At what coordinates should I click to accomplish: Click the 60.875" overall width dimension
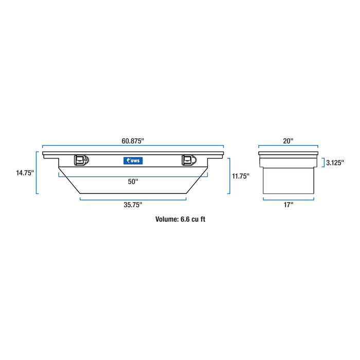pos(133,140)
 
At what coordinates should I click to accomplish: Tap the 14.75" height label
pos(25,173)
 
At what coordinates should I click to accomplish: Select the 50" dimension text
pos(133,181)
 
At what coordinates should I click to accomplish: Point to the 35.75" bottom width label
pos(133,204)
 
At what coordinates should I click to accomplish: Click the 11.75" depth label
pos(240,176)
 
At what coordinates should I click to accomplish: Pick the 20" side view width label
pos(288,140)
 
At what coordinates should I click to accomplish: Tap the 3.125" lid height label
pos(335,163)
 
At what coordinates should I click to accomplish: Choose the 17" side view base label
pos(288,205)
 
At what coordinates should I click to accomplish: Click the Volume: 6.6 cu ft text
pos(181,219)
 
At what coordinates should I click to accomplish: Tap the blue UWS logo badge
pos(133,161)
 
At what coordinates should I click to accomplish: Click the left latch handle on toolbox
pos(81,160)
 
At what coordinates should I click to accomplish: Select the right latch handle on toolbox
pos(188,160)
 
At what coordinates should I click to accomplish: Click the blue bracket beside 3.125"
pos(322,163)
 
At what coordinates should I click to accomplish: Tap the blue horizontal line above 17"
pos(288,199)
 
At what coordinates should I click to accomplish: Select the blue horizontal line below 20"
pos(288,148)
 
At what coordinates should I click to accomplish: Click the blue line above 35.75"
pos(133,198)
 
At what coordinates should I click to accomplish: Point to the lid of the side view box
pos(288,154)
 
